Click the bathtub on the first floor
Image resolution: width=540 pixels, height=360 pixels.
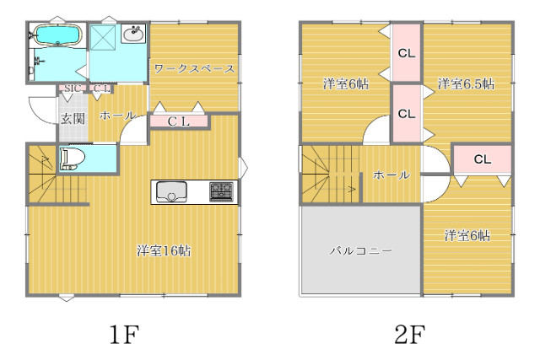pos(57,35)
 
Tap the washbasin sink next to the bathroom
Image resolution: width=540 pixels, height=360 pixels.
pos(133,34)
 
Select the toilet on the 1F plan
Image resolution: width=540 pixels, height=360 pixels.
pos(72,159)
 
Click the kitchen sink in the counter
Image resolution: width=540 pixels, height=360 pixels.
pos(171,191)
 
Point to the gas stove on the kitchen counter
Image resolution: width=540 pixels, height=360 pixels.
pos(221,191)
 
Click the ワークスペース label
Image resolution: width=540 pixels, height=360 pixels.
pos(194,69)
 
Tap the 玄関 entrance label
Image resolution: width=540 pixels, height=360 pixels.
pos(73,119)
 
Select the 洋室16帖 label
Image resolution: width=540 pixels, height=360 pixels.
pos(164,250)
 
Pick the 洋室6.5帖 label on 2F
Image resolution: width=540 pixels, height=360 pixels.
pos(467,83)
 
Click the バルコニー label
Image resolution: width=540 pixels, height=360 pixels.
pos(360,250)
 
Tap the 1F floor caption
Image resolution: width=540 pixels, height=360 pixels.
pos(124,334)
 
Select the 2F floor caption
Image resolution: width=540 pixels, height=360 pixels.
pos(410,334)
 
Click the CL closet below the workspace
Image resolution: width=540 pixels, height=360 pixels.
pos(179,121)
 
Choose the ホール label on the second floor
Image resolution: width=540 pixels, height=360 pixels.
pos(391,175)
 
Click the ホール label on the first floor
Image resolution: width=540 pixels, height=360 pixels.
pos(117,116)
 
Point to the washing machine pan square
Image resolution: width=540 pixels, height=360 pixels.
pos(103,38)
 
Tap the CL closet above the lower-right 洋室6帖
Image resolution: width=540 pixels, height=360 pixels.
pos(482,159)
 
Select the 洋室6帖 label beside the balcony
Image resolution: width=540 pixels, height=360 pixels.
pos(467,235)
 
